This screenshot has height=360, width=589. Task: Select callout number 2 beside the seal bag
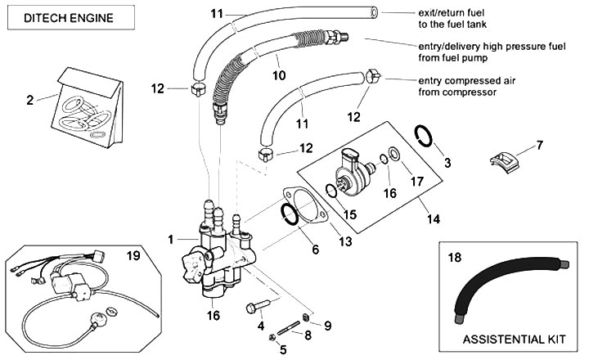[x=29, y=101]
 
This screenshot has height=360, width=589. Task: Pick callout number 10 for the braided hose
[x=278, y=74]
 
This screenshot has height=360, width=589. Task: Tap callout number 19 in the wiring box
[x=134, y=255]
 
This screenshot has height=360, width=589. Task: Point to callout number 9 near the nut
[x=327, y=326]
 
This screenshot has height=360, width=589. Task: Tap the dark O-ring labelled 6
[x=290, y=213]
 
